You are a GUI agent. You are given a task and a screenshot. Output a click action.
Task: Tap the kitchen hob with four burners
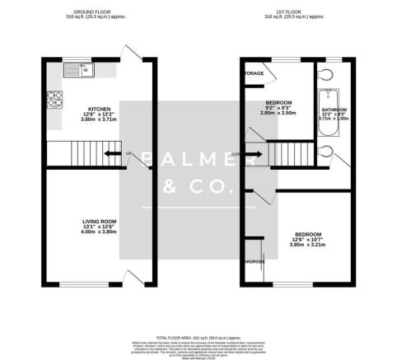tap(57, 101)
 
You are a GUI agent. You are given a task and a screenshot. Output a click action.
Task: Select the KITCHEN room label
tap(100, 109)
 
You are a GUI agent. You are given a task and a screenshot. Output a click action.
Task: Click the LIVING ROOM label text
tap(100, 221)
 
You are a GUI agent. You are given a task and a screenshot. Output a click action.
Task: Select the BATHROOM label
tap(334, 110)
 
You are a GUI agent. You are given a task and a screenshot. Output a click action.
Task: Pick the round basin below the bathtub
tap(329, 150)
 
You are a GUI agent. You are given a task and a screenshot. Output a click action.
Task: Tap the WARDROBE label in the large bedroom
tap(252, 262)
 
